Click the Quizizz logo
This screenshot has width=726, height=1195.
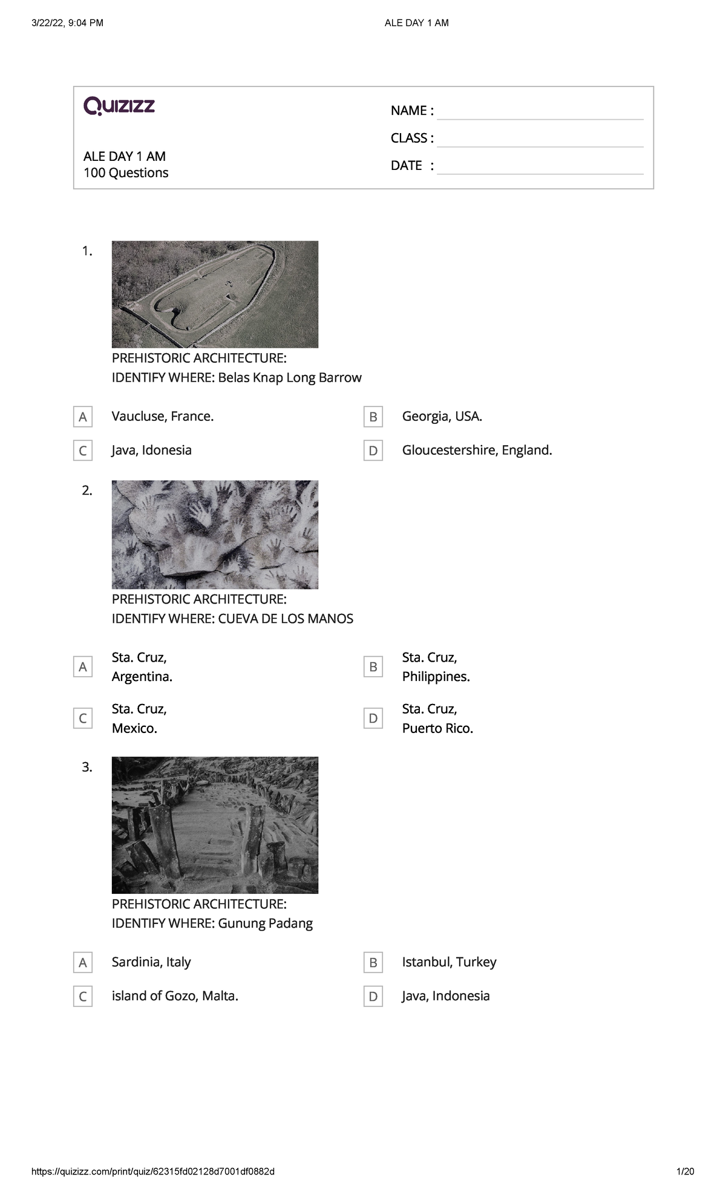tap(119, 106)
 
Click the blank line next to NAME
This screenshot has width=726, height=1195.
tap(540, 119)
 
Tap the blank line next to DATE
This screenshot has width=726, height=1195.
tap(540, 174)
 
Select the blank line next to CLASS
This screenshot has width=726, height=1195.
tap(540, 146)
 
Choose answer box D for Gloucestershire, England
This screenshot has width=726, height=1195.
tap(373, 451)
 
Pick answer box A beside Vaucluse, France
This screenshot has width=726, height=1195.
tap(83, 417)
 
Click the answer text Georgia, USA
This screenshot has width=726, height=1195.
tap(442, 416)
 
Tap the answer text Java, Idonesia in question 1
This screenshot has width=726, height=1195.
tap(152, 450)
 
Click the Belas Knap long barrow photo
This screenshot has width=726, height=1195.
tap(215, 295)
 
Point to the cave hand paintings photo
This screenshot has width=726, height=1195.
tap(215, 535)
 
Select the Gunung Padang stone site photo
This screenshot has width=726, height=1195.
tap(215, 825)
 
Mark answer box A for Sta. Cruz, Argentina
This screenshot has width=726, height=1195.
tap(83, 667)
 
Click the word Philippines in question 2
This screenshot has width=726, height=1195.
tap(436, 677)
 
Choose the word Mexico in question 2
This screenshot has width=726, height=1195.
tap(134, 728)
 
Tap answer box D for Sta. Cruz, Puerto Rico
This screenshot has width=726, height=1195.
tap(373, 718)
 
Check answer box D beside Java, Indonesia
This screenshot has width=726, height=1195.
tap(373, 996)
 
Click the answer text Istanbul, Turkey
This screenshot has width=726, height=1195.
tap(450, 962)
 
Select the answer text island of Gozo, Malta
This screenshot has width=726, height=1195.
tap(175, 996)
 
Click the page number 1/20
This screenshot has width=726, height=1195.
tap(685, 1171)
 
